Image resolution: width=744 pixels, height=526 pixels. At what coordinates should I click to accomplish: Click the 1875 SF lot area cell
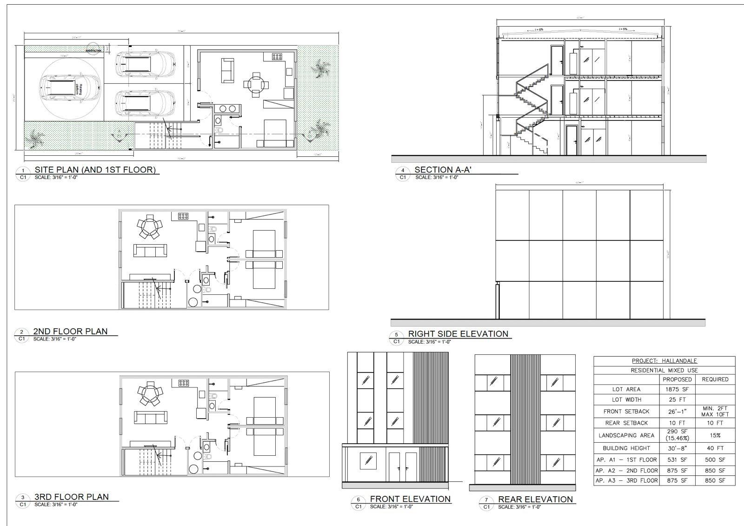click(677, 389)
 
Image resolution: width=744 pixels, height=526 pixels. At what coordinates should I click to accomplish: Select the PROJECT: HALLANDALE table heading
click(664, 361)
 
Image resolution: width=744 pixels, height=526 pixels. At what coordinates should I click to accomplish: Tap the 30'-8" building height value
click(677, 448)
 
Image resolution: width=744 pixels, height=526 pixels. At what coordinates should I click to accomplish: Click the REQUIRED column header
click(715, 380)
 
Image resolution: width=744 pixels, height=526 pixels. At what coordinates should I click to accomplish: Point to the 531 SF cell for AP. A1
click(677, 459)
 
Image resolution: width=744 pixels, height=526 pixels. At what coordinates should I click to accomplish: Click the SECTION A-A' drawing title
click(443, 170)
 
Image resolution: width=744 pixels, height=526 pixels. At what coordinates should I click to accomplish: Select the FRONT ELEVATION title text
click(410, 499)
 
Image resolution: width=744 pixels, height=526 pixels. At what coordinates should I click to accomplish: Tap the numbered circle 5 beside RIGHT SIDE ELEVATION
click(396, 334)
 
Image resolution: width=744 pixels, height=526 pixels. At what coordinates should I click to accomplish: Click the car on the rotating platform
click(70, 88)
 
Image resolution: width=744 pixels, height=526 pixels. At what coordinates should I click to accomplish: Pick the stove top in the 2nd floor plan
click(182, 216)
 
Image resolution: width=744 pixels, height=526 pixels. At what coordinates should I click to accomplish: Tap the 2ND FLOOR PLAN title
click(70, 332)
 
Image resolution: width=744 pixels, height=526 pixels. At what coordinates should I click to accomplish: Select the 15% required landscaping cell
click(715, 436)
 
